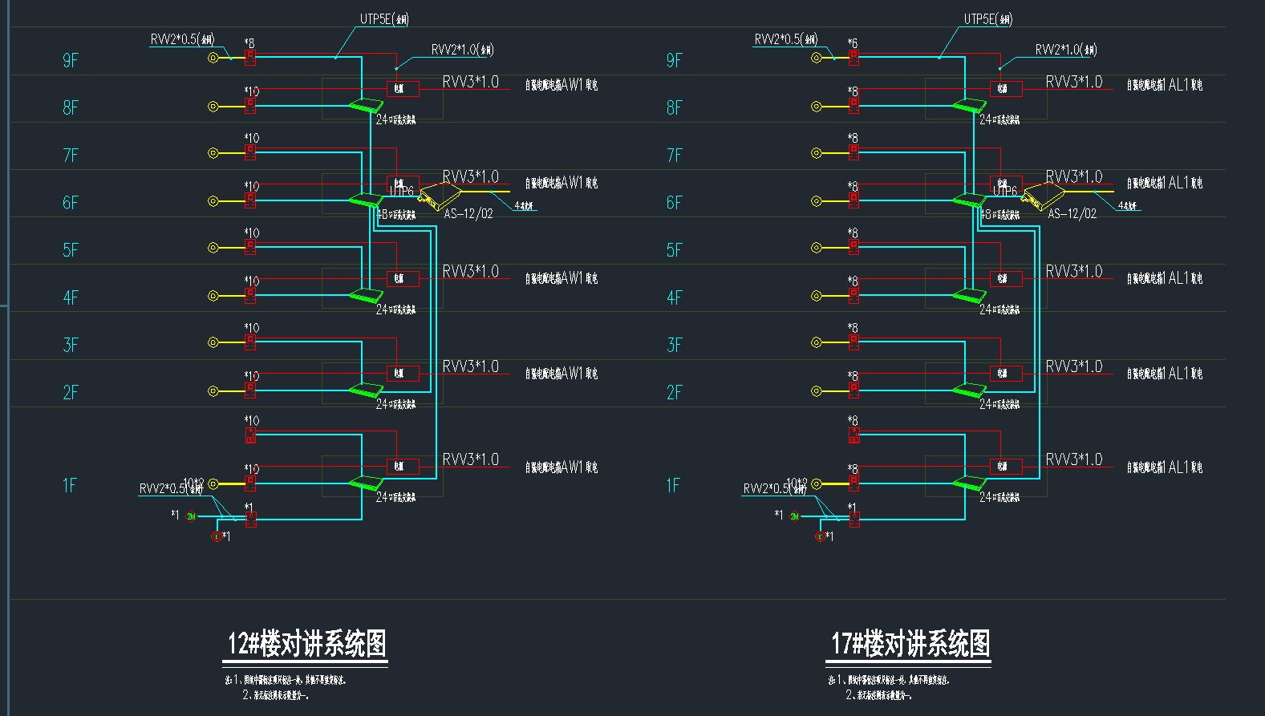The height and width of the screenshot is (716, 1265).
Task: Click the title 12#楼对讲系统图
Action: pyautogui.click(x=306, y=644)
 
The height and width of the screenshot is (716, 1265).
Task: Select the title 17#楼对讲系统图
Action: pyautogui.click(x=910, y=644)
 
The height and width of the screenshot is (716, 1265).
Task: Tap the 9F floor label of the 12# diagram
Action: pyautogui.click(x=71, y=60)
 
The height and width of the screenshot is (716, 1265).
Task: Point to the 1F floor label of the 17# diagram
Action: pyautogui.click(x=674, y=485)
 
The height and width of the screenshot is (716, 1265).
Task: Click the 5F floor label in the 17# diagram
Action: pyautogui.click(x=674, y=249)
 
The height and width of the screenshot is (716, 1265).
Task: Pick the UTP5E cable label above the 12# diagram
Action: pyautogui.click(x=384, y=19)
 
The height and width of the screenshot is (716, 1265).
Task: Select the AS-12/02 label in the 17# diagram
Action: pyautogui.click(x=1072, y=214)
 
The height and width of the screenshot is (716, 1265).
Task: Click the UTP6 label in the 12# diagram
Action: pyautogui.click(x=402, y=191)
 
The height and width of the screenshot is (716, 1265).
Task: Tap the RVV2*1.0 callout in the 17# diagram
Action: pyautogui.click(x=1065, y=50)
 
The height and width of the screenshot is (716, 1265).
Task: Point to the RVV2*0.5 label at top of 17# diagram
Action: pyautogui.click(x=785, y=39)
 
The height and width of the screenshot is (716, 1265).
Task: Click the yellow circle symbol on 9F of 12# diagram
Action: pyautogui.click(x=213, y=58)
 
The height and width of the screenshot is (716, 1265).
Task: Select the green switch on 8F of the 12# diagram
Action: pyautogui.click(x=366, y=104)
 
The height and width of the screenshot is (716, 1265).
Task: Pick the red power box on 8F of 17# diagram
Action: pyautogui.click(x=1006, y=88)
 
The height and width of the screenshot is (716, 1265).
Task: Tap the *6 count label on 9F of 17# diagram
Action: pyautogui.click(x=852, y=43)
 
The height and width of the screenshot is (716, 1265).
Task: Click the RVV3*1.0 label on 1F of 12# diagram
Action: pyautogui.click(x=470, y=459)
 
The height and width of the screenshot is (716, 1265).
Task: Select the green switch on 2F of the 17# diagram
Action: pyautogui.click(x=969, y=390)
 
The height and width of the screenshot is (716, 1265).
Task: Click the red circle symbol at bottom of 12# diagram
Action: pyautogui.click(x=215, y=536)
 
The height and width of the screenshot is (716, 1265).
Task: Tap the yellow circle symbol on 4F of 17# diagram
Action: pyautogui.click(x=817, y=296)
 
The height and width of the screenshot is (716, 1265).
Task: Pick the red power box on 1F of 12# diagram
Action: pyautogui.click(x=403, y=466)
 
